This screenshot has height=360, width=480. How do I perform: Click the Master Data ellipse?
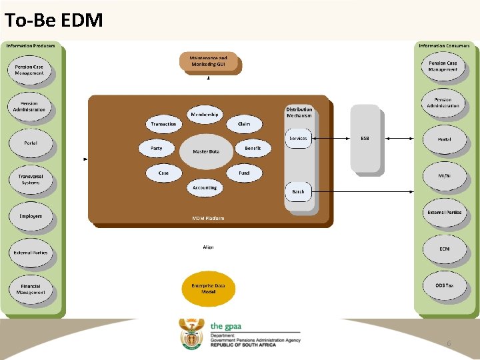(x=205, y=151)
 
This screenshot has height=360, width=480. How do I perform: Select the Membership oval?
(x=204, y=115)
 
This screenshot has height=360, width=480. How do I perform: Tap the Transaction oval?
(x=164, y=124)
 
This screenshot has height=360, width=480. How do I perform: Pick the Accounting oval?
(x=204, y=187)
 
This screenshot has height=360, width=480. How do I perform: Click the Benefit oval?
(x=253, y=147)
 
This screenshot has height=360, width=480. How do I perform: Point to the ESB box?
(x=365, y=139)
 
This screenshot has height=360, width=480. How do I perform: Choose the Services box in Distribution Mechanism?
(x=298, y=139)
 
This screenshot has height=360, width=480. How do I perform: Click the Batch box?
(x=298, y=191)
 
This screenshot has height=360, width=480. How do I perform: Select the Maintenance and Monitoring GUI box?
(x=209, y=61)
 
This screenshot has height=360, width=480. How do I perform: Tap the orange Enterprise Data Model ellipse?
(x=208, y=288)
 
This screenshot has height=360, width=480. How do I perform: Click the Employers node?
(x=30, y=216)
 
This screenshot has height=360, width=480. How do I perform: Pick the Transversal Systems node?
(x=30, y=179)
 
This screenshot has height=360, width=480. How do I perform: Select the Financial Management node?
(x=30, y=289)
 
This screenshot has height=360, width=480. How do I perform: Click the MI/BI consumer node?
(x=444, y=176)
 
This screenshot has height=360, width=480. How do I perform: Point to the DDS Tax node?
(x=444, y=285)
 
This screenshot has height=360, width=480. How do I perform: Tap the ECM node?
(x=444, y=249)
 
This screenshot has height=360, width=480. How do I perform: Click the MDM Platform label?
(x=208, y=218)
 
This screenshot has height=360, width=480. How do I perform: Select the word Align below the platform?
(x=208, y=247)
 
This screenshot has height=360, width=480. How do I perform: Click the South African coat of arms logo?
(x=191, y=333)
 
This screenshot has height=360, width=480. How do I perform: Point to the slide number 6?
(x=449, y=343)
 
